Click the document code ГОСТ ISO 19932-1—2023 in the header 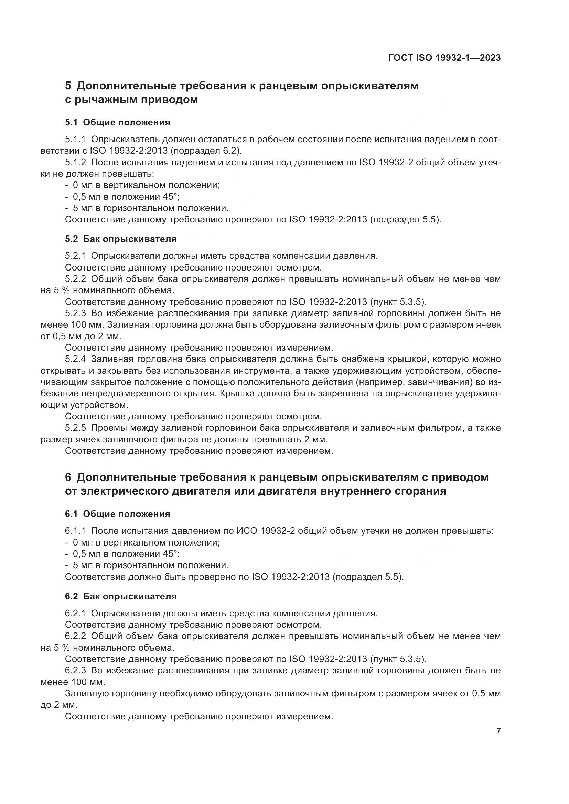coord(444,58)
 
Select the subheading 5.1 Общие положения coord(117,123)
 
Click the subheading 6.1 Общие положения coord(117,514)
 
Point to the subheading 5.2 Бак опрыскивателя coord(120,239)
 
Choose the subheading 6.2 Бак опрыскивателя coord(120,596)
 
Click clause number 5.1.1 coord(75,139)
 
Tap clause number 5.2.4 coord(75,359)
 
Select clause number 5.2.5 coord(75,428)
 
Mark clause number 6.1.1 coord(75,531)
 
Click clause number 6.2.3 coord(75,671)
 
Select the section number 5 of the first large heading coord(68,86)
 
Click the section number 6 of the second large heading coord(68,477)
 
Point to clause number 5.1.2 coord(75,163)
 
